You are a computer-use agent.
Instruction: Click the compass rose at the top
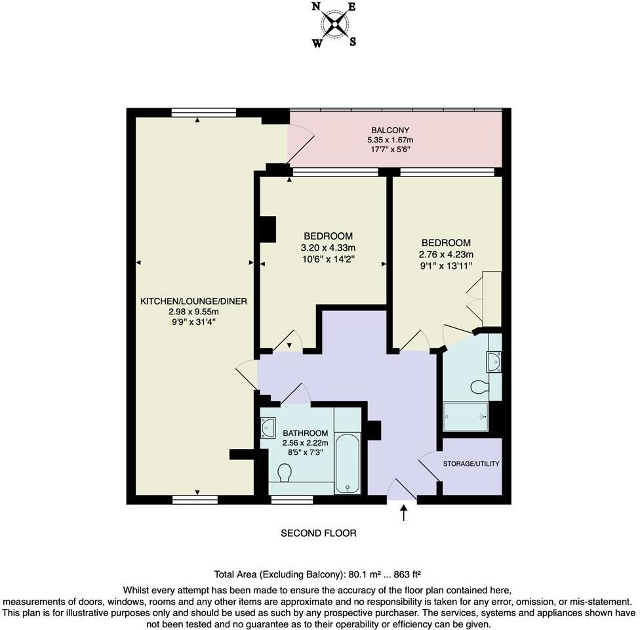coord(335,25)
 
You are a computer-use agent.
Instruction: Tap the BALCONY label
coord(390,130)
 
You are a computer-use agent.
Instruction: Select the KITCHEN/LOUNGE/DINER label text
coord(193,301)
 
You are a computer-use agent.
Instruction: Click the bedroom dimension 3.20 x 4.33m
coord(328,247)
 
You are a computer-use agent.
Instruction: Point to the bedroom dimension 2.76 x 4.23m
coord(446,255)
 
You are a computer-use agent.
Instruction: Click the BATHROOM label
coord(305,433)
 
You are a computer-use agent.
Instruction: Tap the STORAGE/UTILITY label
coord(471,463)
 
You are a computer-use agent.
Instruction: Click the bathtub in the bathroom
coord(348,462)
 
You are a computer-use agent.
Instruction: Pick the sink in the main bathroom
coord(269,428)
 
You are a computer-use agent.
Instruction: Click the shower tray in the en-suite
coord(466,417)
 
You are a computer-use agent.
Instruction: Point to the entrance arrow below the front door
coord(403,512)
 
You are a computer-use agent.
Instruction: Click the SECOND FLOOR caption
coord(319,533)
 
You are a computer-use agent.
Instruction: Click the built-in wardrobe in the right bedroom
coord(492,298)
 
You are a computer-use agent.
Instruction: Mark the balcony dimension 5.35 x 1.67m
coord(390,140)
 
